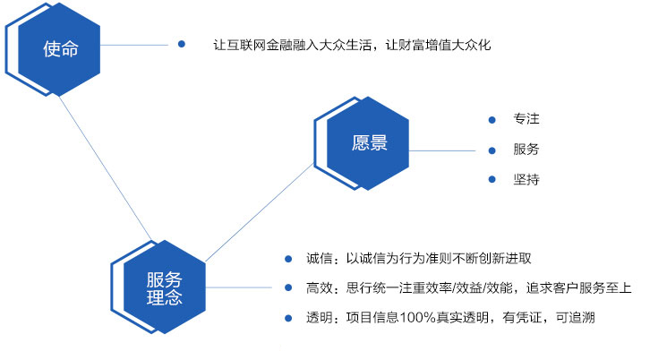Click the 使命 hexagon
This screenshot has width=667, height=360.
click(x=59, y=49)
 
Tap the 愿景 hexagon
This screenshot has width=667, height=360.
click(x=368, y=143)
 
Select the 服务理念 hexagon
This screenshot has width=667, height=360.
click(x=164, y=287)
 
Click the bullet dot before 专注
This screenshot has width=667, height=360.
click(x=492, y=120)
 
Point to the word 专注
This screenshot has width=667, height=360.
click(x=526, y=119)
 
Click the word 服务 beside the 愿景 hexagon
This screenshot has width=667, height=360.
click(x=526, y=149)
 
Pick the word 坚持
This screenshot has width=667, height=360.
click(x=526, y=179)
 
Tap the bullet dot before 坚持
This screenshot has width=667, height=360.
click(x=492, y=179)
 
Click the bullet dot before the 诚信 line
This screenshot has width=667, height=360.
click(x=288, y=259)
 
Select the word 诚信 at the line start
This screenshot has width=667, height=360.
click(x=319, y=258)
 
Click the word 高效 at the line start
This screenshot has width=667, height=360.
click(x=319, y=288)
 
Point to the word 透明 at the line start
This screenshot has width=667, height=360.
click(x=319, y=317)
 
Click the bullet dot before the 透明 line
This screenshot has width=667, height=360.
click(x=288, y=318)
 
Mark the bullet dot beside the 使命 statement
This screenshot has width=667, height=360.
click(x=182, y=44)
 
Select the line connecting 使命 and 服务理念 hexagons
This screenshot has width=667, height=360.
click(x=105, y=168)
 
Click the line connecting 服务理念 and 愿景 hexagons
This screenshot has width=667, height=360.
click(x=260, y=212)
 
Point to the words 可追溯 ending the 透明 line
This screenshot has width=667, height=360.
click(x=575, y=317)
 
